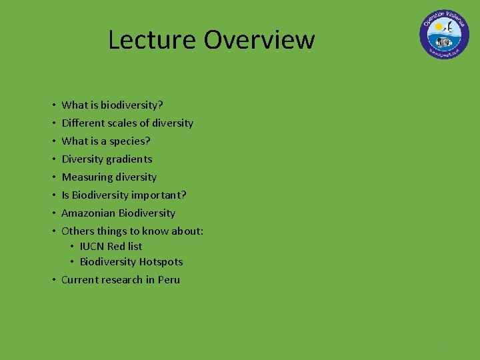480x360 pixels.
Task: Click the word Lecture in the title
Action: point(153,39)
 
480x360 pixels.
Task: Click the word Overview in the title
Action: point(259,39)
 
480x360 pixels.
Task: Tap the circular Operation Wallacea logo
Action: point(444,34)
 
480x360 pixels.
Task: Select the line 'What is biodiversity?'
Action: point(112,105)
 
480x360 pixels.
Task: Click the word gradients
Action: point(129,159)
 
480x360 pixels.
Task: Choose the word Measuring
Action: point(85,177)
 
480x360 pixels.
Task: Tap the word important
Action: point(159,195)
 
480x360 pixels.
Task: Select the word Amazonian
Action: point(89,213)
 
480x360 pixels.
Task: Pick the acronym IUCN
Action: point(92,246)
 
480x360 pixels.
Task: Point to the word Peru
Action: point(169,280)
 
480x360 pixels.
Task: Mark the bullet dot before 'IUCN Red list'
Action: point(73,246)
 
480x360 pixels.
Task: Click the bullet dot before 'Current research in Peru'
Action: point(53,280)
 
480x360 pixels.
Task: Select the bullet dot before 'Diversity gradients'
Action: point(53,159)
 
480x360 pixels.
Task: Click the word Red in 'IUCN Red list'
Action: point(116,246)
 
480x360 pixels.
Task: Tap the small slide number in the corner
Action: point(441,344)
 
